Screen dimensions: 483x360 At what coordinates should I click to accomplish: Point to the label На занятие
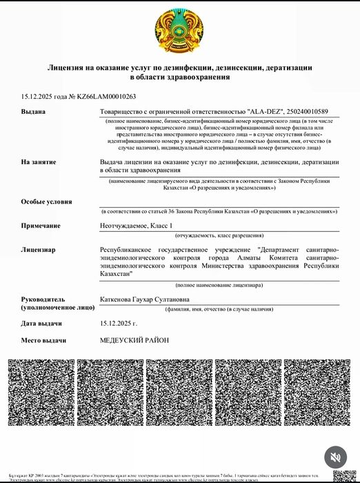tap(39, 161)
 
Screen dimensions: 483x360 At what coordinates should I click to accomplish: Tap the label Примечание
tap(41, 226)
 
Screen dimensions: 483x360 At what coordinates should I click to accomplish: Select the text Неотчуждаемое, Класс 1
tap(137, 226)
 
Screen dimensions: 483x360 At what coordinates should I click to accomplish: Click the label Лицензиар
tap(39, 249)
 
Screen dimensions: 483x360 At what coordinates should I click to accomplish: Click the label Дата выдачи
tap(43, 323)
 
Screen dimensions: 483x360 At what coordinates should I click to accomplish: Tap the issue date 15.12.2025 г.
tap(119, 323)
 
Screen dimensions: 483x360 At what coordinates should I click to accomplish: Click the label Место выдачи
tap(43, 340)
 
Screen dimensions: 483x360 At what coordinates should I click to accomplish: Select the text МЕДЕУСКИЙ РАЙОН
tap(134, 340)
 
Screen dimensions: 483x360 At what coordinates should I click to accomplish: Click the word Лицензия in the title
tap(70, 68)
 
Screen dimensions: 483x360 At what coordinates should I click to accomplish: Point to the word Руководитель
tap(43, 299)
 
